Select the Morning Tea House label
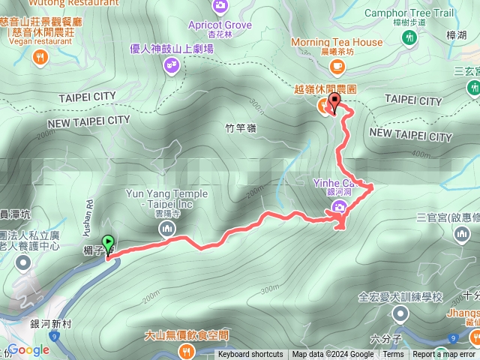[x=336, y=42]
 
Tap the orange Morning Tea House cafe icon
[x=337, y=65]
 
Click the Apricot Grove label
[x=220, y=25]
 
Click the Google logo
[x=29, y=349]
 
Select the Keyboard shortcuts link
[x=250, y=355]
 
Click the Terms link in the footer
[x=393, y=355]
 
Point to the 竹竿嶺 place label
[x=241, y=129]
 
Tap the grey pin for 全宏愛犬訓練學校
[x=400, y=313]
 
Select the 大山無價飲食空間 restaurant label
[x=186, y=334]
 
